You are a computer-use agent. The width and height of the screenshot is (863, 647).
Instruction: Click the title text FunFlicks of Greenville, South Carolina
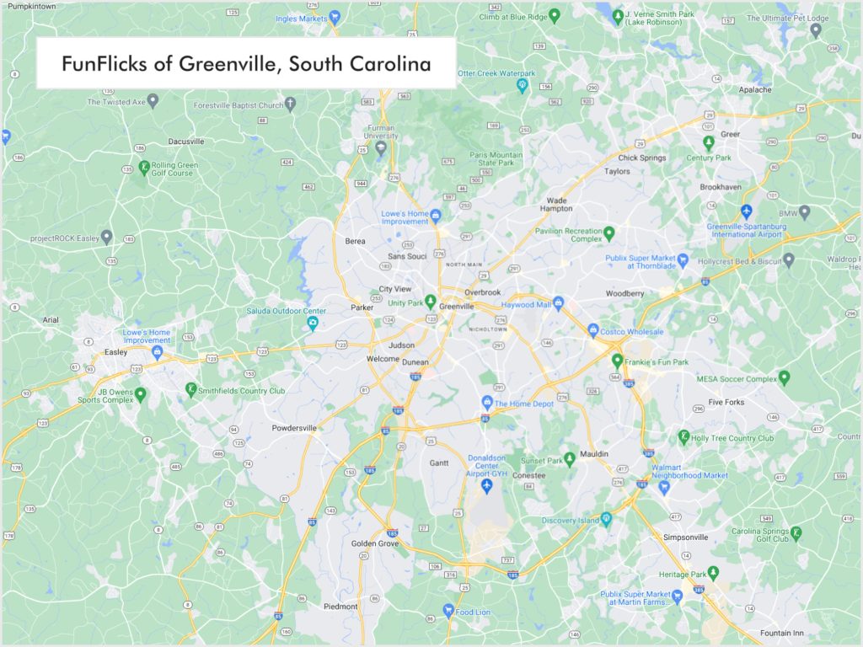click(246, 64)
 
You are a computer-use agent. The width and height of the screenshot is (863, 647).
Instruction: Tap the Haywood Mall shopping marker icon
click(558, 304)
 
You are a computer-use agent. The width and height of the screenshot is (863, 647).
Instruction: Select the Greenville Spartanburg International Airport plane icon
click(746, 210)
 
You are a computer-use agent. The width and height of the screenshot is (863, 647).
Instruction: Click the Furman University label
click(381, 131)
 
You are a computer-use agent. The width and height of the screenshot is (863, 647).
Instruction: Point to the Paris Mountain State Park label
click(496, 160)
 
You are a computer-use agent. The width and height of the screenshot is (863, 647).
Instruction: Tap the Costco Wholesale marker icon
click(593, 329)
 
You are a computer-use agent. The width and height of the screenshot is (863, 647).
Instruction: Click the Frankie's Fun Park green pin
click(617, 361)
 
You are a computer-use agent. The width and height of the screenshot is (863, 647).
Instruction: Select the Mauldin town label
click(594, 454)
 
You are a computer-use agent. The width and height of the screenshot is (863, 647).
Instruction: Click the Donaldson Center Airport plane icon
click(486, 487)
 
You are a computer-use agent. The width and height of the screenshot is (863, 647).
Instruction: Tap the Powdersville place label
click(294, 428)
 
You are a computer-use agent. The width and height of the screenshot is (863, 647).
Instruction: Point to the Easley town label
click(115, 354)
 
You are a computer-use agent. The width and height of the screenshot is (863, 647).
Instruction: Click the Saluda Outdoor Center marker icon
click(312, 323)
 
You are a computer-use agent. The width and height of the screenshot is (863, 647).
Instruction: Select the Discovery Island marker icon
click(606, 520)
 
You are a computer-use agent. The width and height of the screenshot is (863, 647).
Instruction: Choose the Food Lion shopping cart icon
click(449, 610)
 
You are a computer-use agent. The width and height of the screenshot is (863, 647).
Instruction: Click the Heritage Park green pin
click(714, 572)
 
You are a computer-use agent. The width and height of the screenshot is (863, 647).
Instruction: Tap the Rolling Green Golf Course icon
click(144, 167)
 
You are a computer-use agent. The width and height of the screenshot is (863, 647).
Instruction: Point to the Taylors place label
click(617, 171)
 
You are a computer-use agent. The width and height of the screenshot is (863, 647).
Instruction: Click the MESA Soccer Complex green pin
click(785, 377)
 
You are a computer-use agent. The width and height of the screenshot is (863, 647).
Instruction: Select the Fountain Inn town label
click(764, 634)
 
